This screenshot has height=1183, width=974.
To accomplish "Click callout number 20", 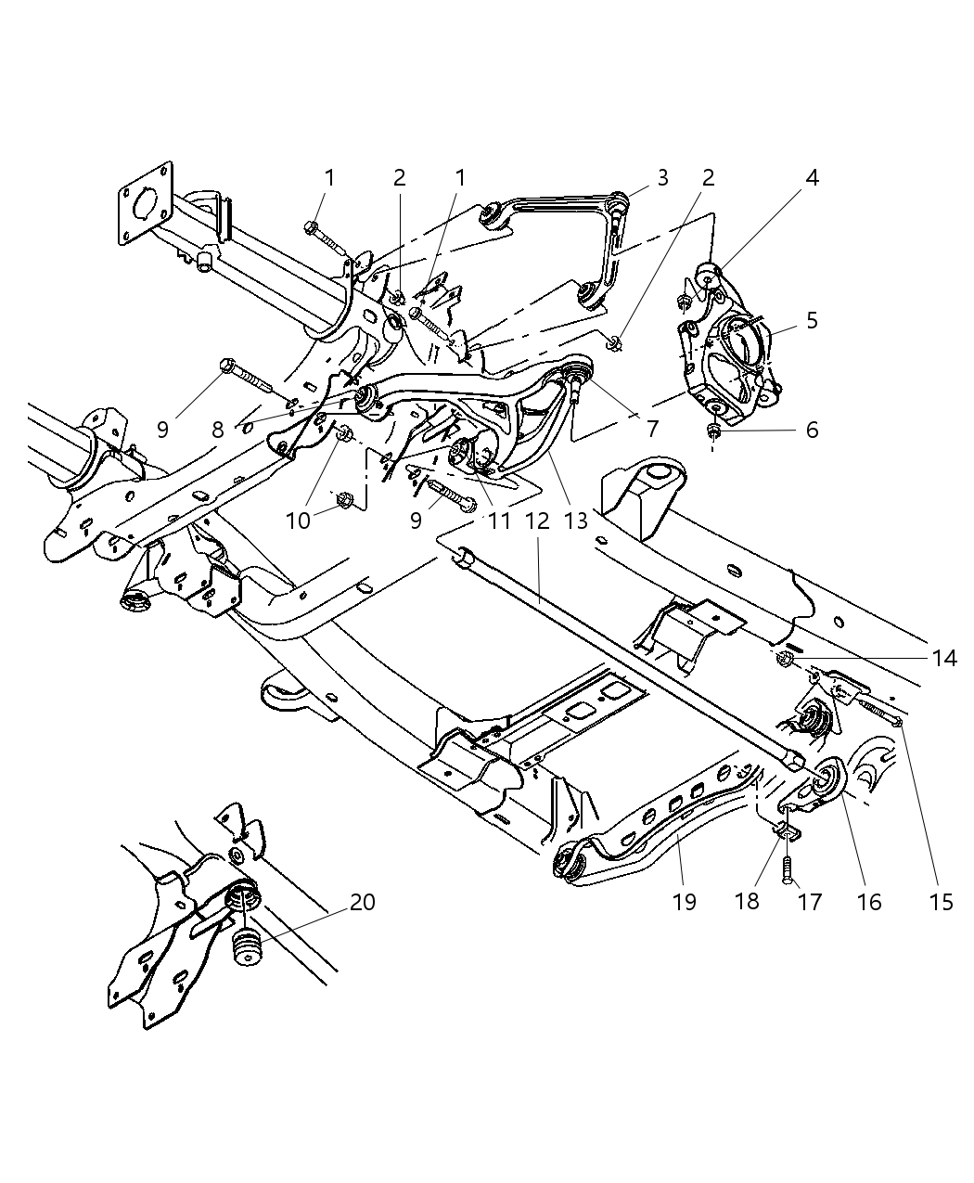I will coord(363,901).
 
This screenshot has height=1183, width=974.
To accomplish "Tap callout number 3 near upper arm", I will coord(662,177).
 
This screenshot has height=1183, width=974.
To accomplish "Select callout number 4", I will coord(812,177).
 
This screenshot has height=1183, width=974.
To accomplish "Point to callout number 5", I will coord(812,321).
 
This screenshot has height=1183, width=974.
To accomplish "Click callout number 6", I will coord(812,431).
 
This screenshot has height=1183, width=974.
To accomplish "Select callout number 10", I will coord(298,521).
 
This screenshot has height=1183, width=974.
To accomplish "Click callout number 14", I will coord(944,657).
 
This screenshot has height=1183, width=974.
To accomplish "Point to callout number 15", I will coord(941,901).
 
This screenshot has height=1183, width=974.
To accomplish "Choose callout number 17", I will coord(809,901).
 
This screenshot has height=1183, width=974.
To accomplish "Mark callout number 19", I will coord(684,901).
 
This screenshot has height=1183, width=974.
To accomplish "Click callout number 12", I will coord(537,521).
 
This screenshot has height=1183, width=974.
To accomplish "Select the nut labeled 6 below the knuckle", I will coord(714,430).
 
